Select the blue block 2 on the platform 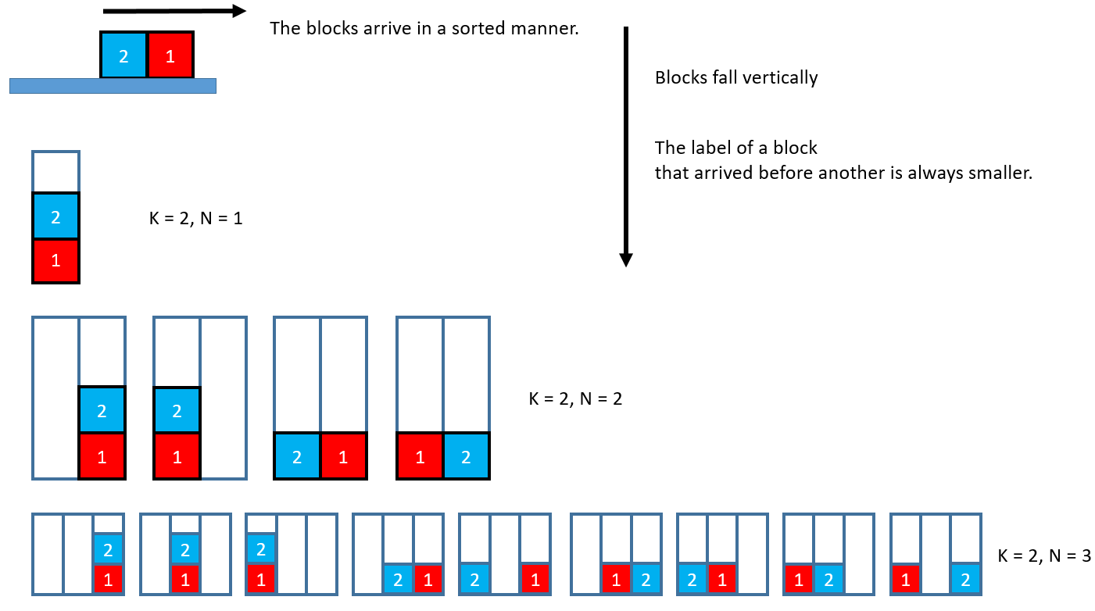(x=123, y=55)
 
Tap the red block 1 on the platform (x=170, y=55)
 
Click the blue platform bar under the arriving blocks (x=113, y=86)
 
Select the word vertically (x=782, y=78)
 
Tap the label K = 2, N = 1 (x=195, y=219)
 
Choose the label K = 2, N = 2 (x=575, y=399)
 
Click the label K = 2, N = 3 (x=1044, y=556)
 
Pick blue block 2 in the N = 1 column (x=55, y=216)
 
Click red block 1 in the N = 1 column (x=55, y=261)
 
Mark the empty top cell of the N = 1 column (x=55, y=172)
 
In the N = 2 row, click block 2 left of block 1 (x=297, y=456)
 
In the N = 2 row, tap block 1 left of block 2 (x=420, y=456)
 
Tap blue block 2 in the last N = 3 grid (x=966, y=579)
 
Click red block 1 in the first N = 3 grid (x=109, y=579)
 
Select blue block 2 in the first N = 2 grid (x=102, y=409)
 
